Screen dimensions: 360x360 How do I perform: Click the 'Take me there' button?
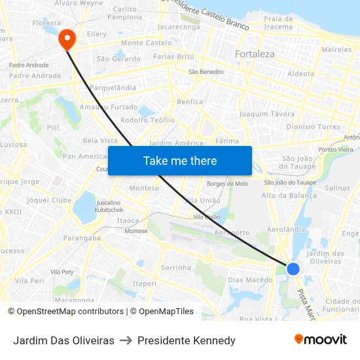(180, 160)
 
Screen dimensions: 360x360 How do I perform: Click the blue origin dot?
(293, 268)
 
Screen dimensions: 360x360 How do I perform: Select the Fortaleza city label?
(255, 54)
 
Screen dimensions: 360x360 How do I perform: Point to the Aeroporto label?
(232, 232)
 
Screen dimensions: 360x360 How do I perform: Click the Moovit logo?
(320, 340)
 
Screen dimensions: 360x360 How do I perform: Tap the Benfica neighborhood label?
(190, 101)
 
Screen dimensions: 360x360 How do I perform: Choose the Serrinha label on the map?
(176, 268)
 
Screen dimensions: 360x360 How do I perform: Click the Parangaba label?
(82, 238)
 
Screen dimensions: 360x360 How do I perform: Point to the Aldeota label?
(301, 74)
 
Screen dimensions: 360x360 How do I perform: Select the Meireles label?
(337, 50)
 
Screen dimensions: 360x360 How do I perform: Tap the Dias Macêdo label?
(250, 280)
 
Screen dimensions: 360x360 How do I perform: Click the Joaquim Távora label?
(267, 114)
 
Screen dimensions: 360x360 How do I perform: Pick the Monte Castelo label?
(141, 43)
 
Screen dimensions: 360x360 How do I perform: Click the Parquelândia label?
(113, 88)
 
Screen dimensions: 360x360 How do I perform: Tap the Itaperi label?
(145, 283)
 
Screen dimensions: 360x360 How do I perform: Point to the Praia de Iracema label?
(278, 23)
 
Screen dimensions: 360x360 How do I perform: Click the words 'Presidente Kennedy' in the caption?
(187, 340)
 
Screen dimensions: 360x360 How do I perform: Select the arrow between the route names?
(126, 340)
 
